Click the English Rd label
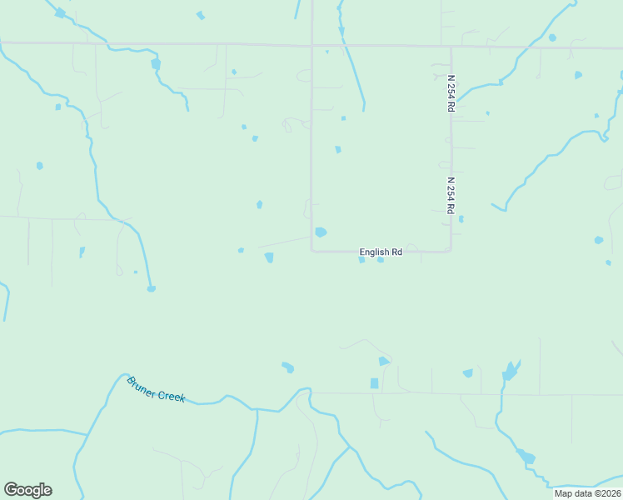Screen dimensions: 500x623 (381, 252)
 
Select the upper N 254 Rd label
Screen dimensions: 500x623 (451, 93)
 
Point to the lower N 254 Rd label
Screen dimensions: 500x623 (451, 195)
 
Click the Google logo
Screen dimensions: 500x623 (27, 490)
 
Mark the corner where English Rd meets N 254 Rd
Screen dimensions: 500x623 (451, 250)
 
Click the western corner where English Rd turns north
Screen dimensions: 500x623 (312, 250)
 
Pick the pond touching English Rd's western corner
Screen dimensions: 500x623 (321, 232)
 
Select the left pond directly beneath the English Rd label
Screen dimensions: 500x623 (361, 260)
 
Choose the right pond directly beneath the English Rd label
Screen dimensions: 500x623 (381, 260)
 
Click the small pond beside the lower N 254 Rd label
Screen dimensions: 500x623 (461, 219)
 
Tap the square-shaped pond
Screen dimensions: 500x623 (374, 383)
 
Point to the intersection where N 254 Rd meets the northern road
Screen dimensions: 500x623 (451, 47)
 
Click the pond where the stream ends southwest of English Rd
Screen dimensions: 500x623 (151, 289)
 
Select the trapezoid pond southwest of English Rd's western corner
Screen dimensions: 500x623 (269, 257)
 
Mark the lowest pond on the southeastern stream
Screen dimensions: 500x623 (526, 457)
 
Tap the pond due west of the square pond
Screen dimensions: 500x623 (288, 367)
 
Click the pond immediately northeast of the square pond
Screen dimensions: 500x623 (383, 361)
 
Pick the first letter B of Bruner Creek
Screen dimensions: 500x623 (131, 381)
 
